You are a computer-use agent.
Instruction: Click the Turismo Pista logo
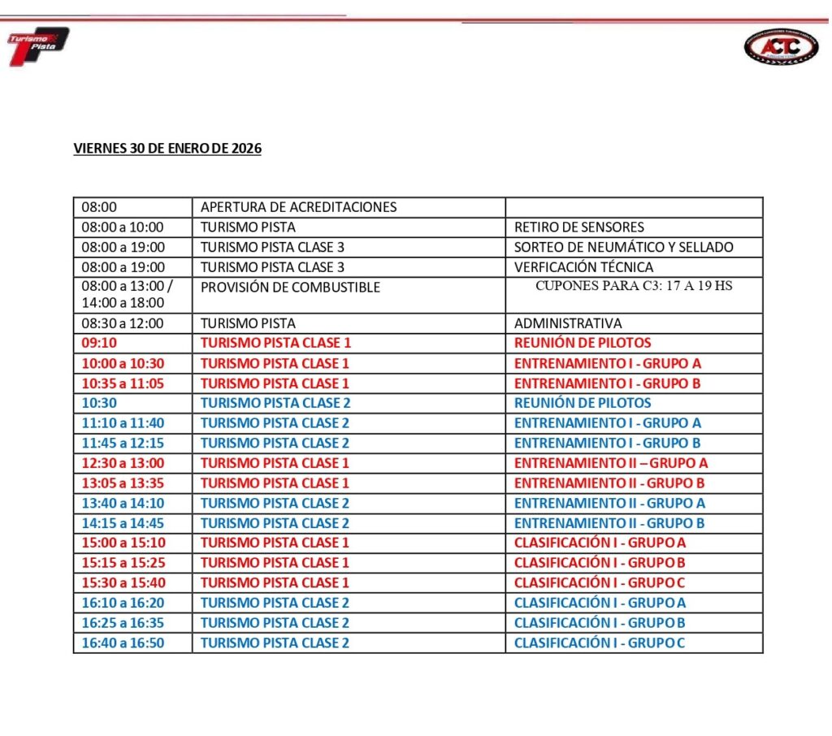37,46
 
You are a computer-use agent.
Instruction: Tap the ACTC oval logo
781,47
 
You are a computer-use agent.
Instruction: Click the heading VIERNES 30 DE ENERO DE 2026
167,149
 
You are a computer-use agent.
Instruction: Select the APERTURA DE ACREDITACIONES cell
298,207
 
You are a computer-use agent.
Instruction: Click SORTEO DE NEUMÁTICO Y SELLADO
623,247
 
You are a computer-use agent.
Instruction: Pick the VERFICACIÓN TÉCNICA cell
583,267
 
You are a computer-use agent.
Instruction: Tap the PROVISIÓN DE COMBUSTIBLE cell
290,288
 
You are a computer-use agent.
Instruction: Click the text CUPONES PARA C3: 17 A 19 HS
634,286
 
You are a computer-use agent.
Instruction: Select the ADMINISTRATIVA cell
568,323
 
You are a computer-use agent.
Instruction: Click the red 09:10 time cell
99,343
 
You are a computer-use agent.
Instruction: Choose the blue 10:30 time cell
99,403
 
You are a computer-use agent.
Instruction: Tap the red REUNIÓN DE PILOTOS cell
583,343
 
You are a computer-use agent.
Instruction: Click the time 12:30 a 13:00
123,463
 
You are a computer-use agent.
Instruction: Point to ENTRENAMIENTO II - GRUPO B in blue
609,523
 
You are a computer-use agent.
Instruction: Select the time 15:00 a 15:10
123,543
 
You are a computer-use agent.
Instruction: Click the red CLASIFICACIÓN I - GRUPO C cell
600,582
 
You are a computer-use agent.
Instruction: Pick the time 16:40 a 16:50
123,643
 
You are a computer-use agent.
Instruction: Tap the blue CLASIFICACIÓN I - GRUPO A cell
600,603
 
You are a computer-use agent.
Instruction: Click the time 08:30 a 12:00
123,323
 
